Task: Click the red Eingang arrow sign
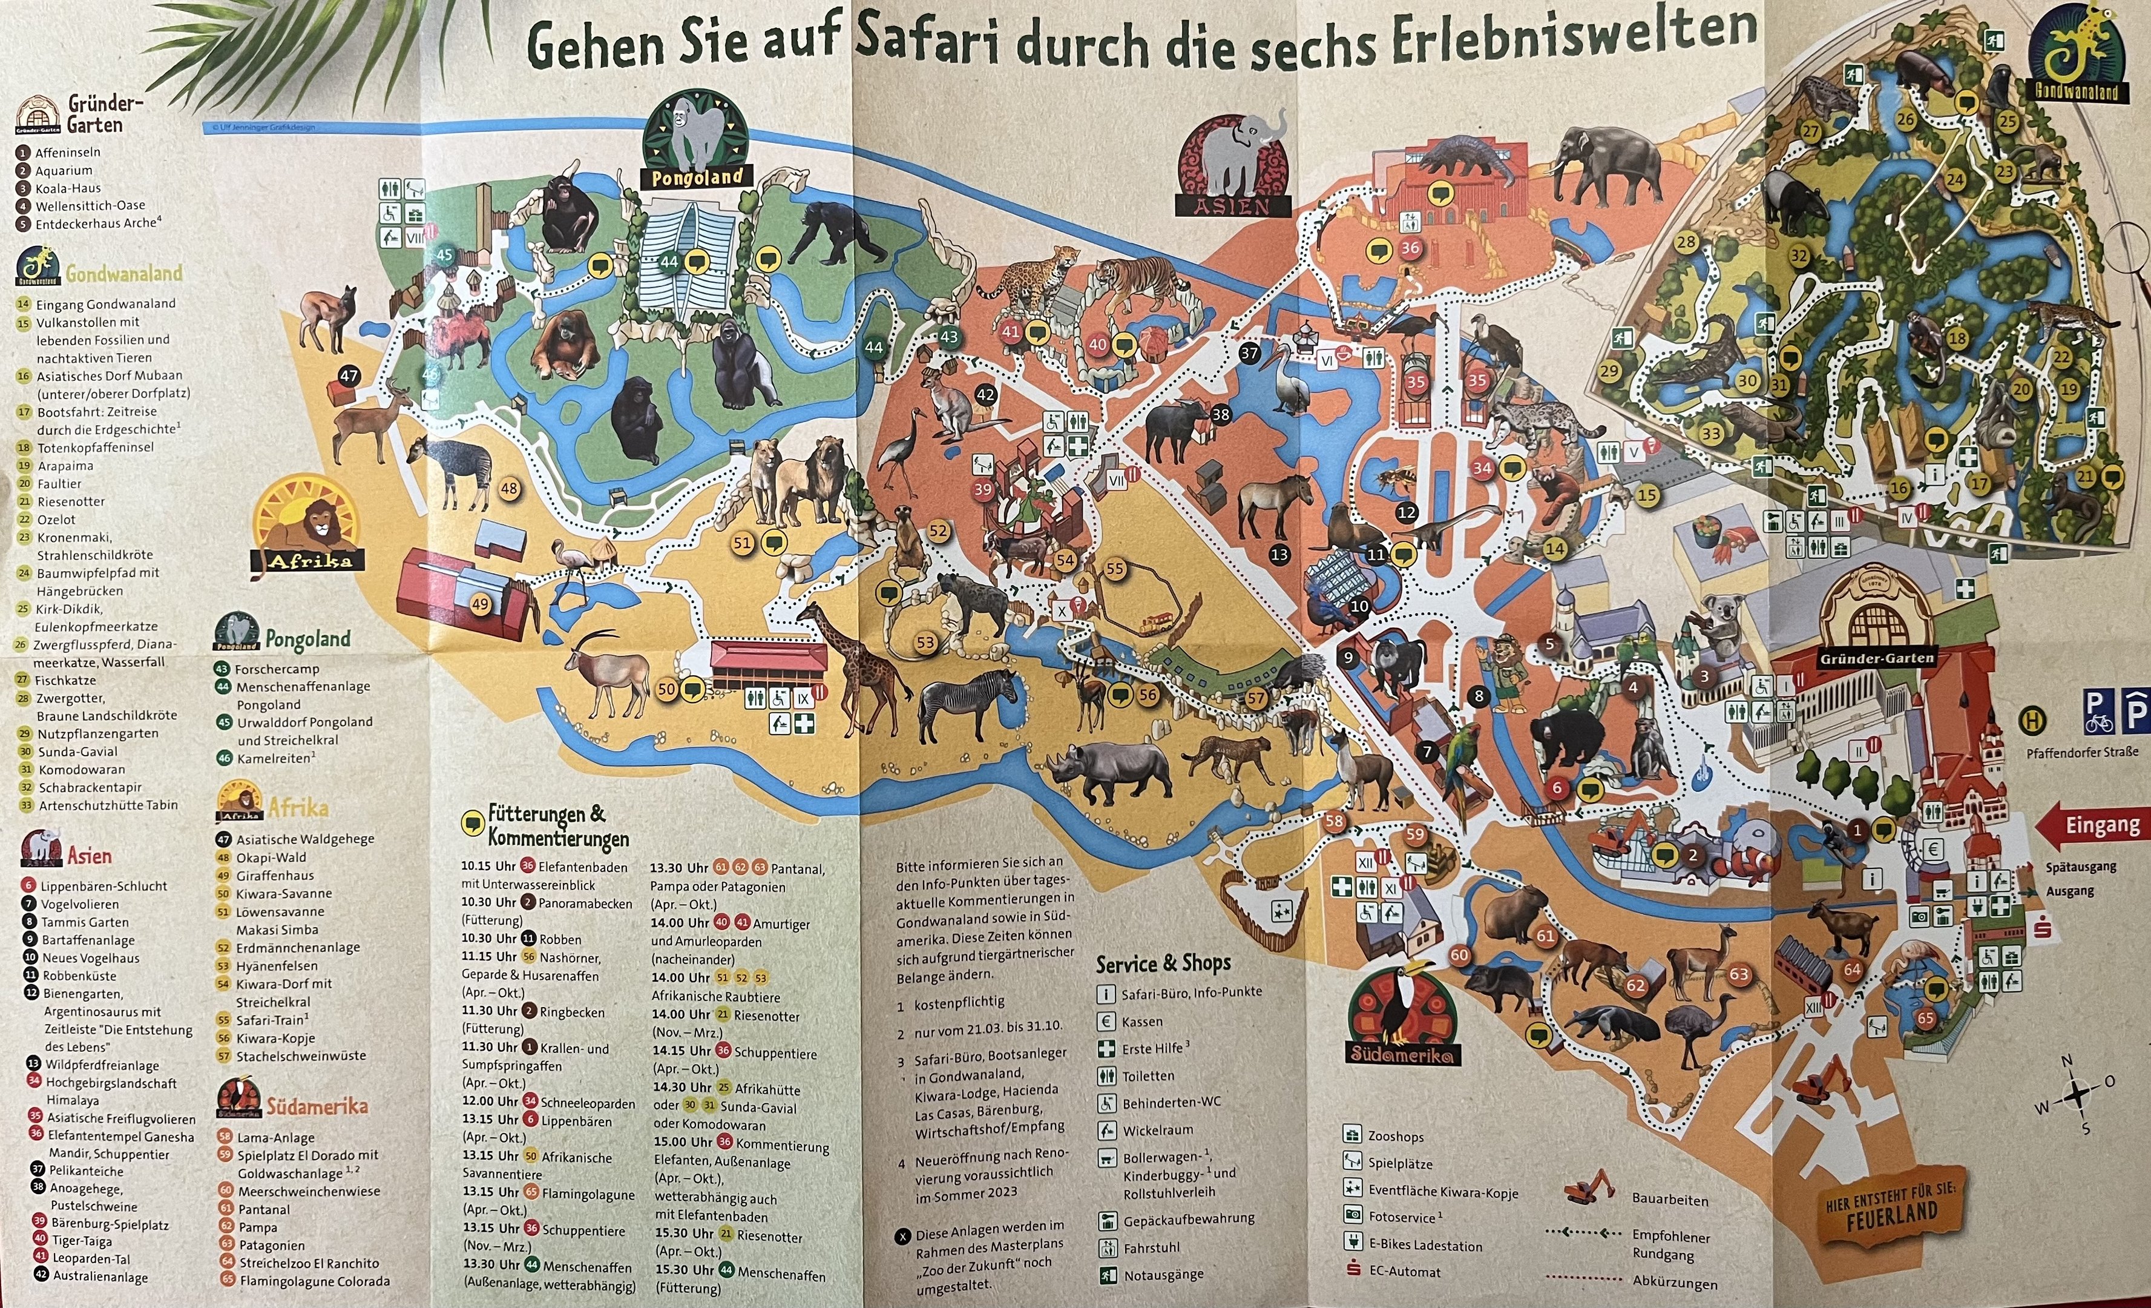pyautogui.click(x=2090, y=826)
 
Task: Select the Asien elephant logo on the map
pyautogui.click(x=1233, y=166)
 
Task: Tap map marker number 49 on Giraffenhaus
pyautogui.click(x=480, y=603)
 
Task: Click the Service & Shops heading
pyautogui.click(x=1163, y=963)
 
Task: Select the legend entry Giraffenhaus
pyautogui.click(x=274, y=875)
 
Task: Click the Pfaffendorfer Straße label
pyautogui.click(x=2082, y=751)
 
